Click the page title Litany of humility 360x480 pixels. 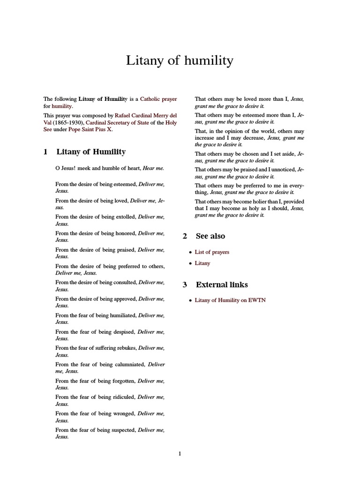coord(180,61)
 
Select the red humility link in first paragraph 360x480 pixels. coord(62,106)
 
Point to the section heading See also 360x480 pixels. coord(210,236)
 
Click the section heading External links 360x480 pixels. coord(222,285)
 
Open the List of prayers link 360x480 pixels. coord(212,252)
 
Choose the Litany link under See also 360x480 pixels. coord(202,263)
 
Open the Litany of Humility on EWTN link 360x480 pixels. coord(230,300)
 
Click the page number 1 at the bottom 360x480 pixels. coord(180,453)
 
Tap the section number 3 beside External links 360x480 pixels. coord(185,285)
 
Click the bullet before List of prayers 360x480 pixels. coord(190,253)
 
